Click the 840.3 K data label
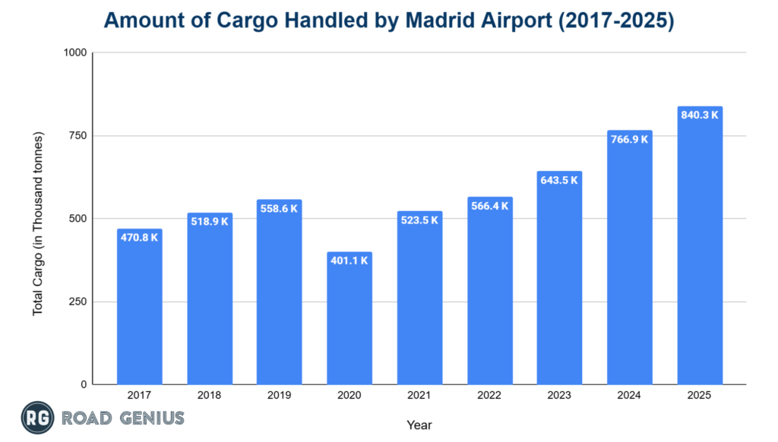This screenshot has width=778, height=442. [700, 115]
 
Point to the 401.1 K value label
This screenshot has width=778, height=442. [349, 260]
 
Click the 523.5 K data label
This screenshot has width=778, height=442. [419, 220]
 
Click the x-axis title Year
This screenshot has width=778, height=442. [419, 425]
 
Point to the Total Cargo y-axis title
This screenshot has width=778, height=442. [39, 224]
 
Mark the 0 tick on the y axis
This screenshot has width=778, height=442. [83, 384]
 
